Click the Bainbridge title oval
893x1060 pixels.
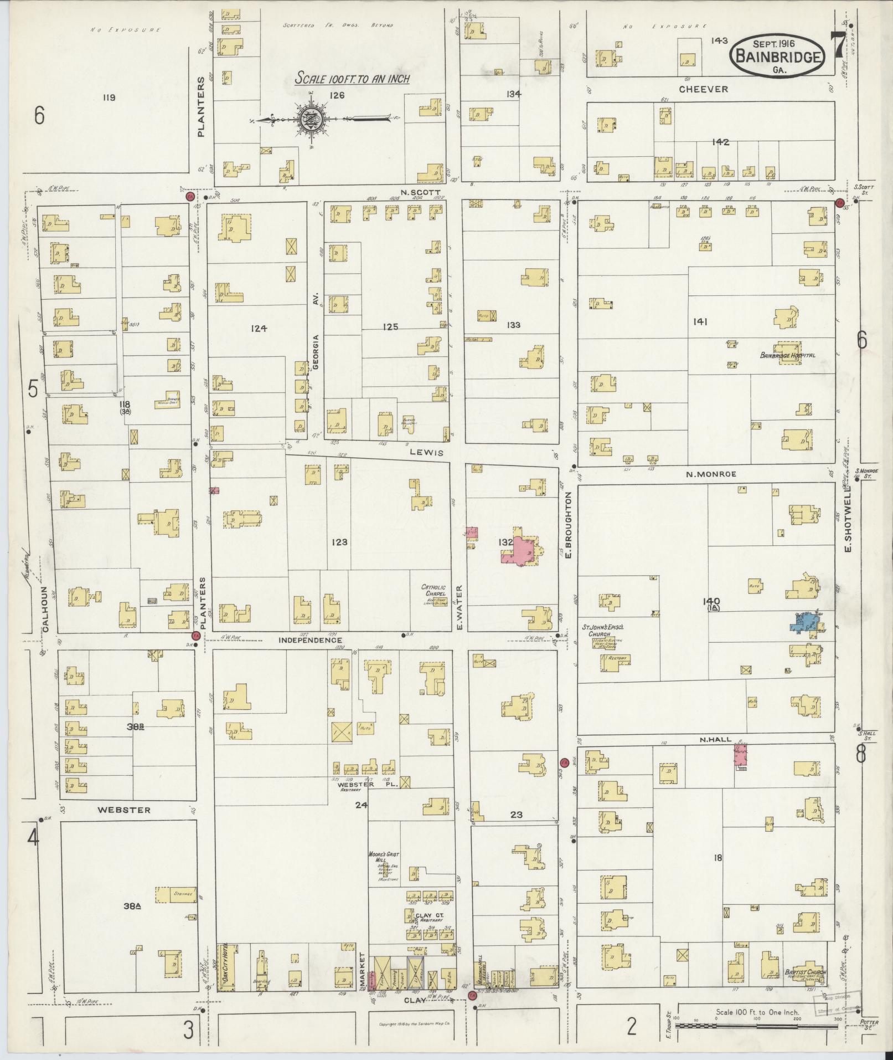777,55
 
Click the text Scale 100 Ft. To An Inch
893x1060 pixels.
352,78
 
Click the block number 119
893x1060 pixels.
109,98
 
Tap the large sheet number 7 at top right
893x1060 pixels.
838,45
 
